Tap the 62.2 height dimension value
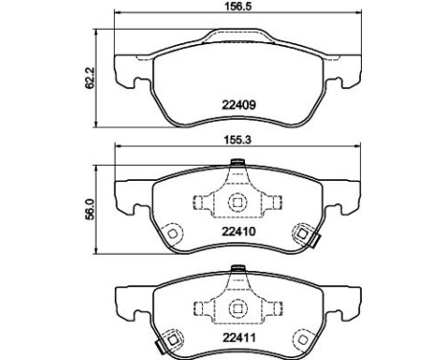coord(91,79)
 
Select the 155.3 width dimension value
coord(237,140)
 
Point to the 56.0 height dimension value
coord(90,209)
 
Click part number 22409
coord(238,105)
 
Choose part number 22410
coord(238,231)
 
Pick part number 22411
coord(238,338)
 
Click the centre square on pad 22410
coord(237,202)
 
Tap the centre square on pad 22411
coord(237,307)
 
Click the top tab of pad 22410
coord(237,163)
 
